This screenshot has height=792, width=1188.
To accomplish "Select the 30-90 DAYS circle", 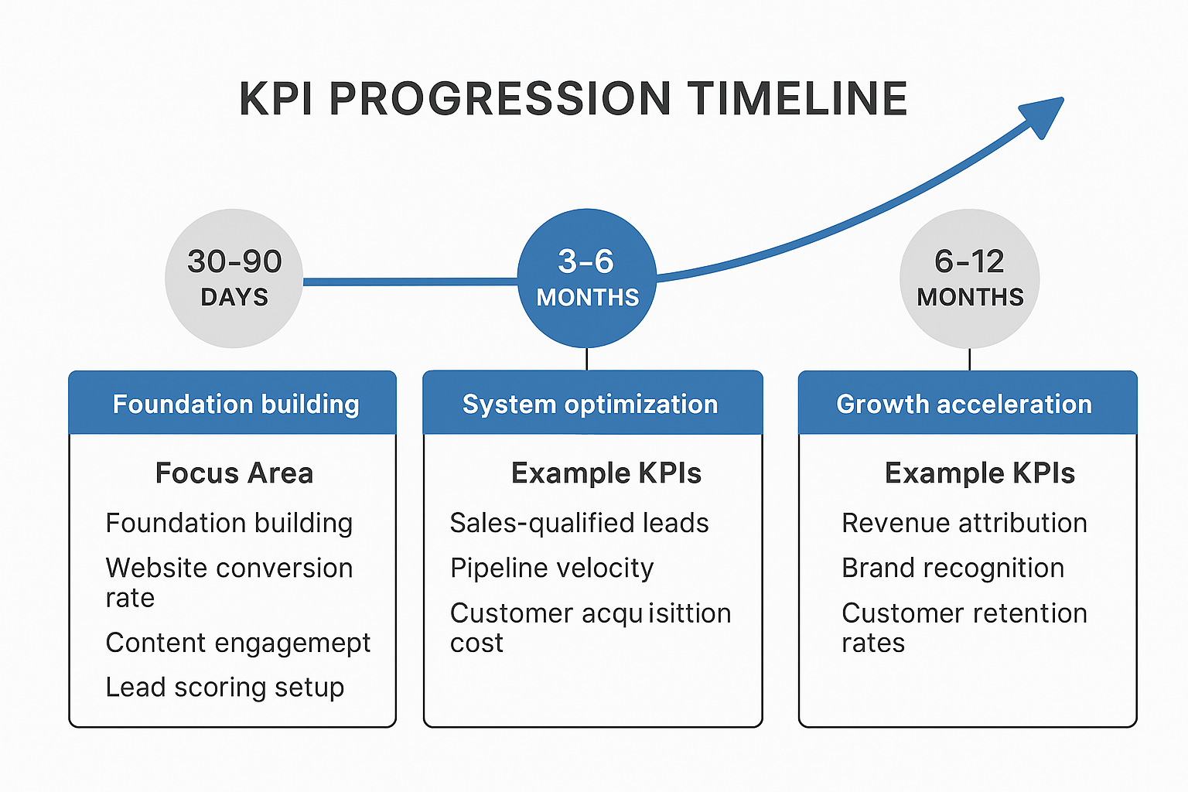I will [234, 278].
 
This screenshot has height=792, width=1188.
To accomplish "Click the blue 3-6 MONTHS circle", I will [587, 278].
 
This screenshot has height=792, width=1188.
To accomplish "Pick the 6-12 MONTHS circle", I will [970, 278].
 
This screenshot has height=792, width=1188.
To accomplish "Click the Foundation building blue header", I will [233, 403].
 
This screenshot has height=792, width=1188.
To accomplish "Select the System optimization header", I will [592, 403].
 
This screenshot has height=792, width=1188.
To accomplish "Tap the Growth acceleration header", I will [967, 403].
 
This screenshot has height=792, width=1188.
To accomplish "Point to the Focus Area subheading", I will [234, 473].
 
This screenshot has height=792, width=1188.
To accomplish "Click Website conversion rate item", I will [229, 582].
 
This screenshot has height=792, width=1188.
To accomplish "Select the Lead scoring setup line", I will [225, 687].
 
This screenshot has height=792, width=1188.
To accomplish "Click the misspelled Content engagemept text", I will [238, 643].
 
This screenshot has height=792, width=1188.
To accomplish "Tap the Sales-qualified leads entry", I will [579, 523].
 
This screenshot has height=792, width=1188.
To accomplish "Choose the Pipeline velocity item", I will [552, 568].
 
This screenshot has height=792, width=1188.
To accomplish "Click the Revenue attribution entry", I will [964, 523].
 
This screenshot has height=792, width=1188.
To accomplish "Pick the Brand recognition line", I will [953, 568].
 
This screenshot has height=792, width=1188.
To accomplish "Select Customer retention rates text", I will [964, 626].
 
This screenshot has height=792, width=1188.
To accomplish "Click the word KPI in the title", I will [276, 99].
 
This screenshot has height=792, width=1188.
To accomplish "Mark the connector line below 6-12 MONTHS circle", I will [970, 360].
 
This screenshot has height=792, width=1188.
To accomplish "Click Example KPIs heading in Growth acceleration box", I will [980, 473].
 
